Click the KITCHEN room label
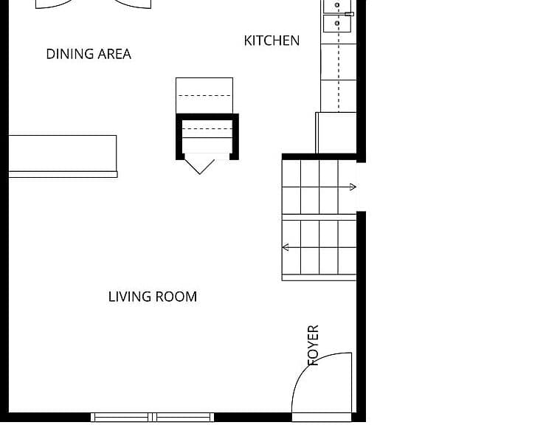(x=272, y=41)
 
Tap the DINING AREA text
(x=89, y=54)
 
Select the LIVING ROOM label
(x=153, y=297)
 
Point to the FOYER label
(x=314, y=345)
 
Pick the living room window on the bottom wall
(x=153, y=417)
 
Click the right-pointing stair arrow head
(x=353, y=187)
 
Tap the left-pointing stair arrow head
(x=286, y=247)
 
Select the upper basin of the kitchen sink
(x=337, y=6)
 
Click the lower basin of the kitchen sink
(x=337, y=24)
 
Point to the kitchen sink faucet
(x=349, y=14)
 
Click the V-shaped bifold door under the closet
(x=200, y=167)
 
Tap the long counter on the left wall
(x=63, y=156)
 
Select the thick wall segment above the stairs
(x=319, y=156)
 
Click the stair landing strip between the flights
(x=319, y=217)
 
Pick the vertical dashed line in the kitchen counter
(x=339, y=56)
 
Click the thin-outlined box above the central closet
(x=204, y=96)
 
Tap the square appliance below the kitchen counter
(x=336, y=133)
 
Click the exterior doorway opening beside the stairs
(x=361, y=187)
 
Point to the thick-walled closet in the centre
(x=207, y=137)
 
